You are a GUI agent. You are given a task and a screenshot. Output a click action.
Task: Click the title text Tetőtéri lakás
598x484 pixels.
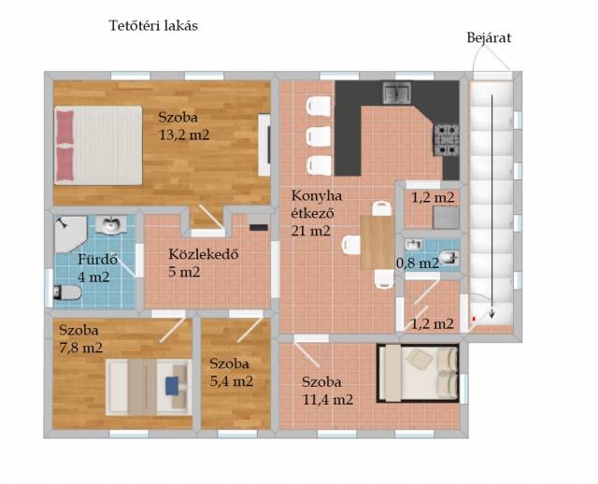(153, 25)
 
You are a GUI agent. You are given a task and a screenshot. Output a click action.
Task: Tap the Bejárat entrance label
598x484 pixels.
(489, 37)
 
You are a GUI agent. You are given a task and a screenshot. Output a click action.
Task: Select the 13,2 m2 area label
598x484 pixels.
(184, 135)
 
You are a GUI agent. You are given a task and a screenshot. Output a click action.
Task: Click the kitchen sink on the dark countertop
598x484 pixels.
(396, 93)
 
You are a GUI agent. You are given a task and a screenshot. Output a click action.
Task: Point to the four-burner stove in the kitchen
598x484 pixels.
(446, 140)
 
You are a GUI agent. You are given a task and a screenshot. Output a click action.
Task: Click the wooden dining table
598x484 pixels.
(377, 242)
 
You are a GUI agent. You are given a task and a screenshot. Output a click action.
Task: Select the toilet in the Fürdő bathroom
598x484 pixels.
(67, 292)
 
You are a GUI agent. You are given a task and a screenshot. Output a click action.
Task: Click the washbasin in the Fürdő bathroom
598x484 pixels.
(110, 224)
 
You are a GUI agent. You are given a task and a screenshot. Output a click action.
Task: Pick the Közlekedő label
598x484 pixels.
(204, 253)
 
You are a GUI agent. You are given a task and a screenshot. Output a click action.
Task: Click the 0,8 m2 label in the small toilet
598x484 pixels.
(418, 263)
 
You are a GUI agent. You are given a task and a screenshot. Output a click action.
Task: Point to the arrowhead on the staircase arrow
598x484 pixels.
(492, 315)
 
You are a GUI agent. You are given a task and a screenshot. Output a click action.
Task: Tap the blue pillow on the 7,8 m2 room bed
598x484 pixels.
(172, 386)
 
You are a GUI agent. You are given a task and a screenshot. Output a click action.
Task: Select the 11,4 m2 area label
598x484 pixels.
(328, 399)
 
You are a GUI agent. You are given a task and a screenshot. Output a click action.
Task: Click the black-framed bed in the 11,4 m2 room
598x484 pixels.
(418, 373)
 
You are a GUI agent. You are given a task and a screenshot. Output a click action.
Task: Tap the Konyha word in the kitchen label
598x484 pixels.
(317, 196)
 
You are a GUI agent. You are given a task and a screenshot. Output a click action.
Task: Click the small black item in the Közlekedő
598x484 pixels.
(259, 227)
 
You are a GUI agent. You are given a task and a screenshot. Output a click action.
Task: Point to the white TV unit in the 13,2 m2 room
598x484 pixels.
(264, 145)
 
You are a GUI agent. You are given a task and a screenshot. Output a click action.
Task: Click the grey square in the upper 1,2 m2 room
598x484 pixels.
(447, 218)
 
